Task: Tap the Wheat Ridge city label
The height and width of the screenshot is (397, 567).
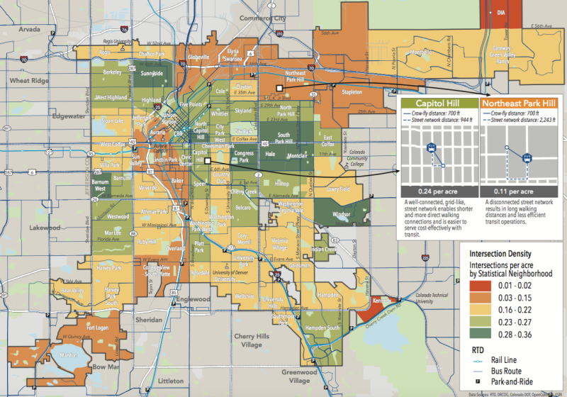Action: pyautogui.click(x=26, y=81)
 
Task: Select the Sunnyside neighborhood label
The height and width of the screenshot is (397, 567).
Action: pyautogui.click(x=152, y=73)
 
